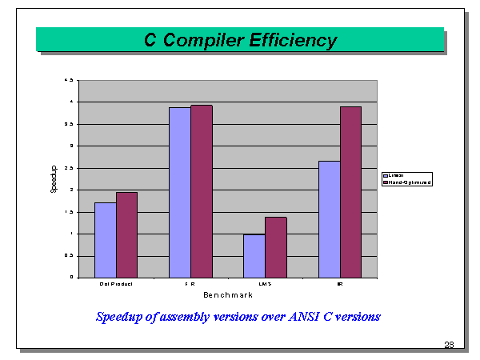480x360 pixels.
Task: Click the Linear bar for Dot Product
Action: [106, 240]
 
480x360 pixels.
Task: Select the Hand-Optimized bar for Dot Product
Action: [126, 235]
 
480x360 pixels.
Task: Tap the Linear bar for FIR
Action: [180, 192]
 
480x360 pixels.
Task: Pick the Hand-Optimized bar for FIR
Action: [201, 191]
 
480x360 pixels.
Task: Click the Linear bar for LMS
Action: [254, 256]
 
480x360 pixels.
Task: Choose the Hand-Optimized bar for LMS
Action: [275, 247]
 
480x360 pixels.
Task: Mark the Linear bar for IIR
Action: [329, 219]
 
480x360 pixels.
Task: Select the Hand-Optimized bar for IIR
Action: [350, 192]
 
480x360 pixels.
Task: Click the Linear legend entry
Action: [395, 174]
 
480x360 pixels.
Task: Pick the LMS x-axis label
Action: [265, 284]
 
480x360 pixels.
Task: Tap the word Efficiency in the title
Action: [292, 40]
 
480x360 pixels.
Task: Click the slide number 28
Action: [449, 345]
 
